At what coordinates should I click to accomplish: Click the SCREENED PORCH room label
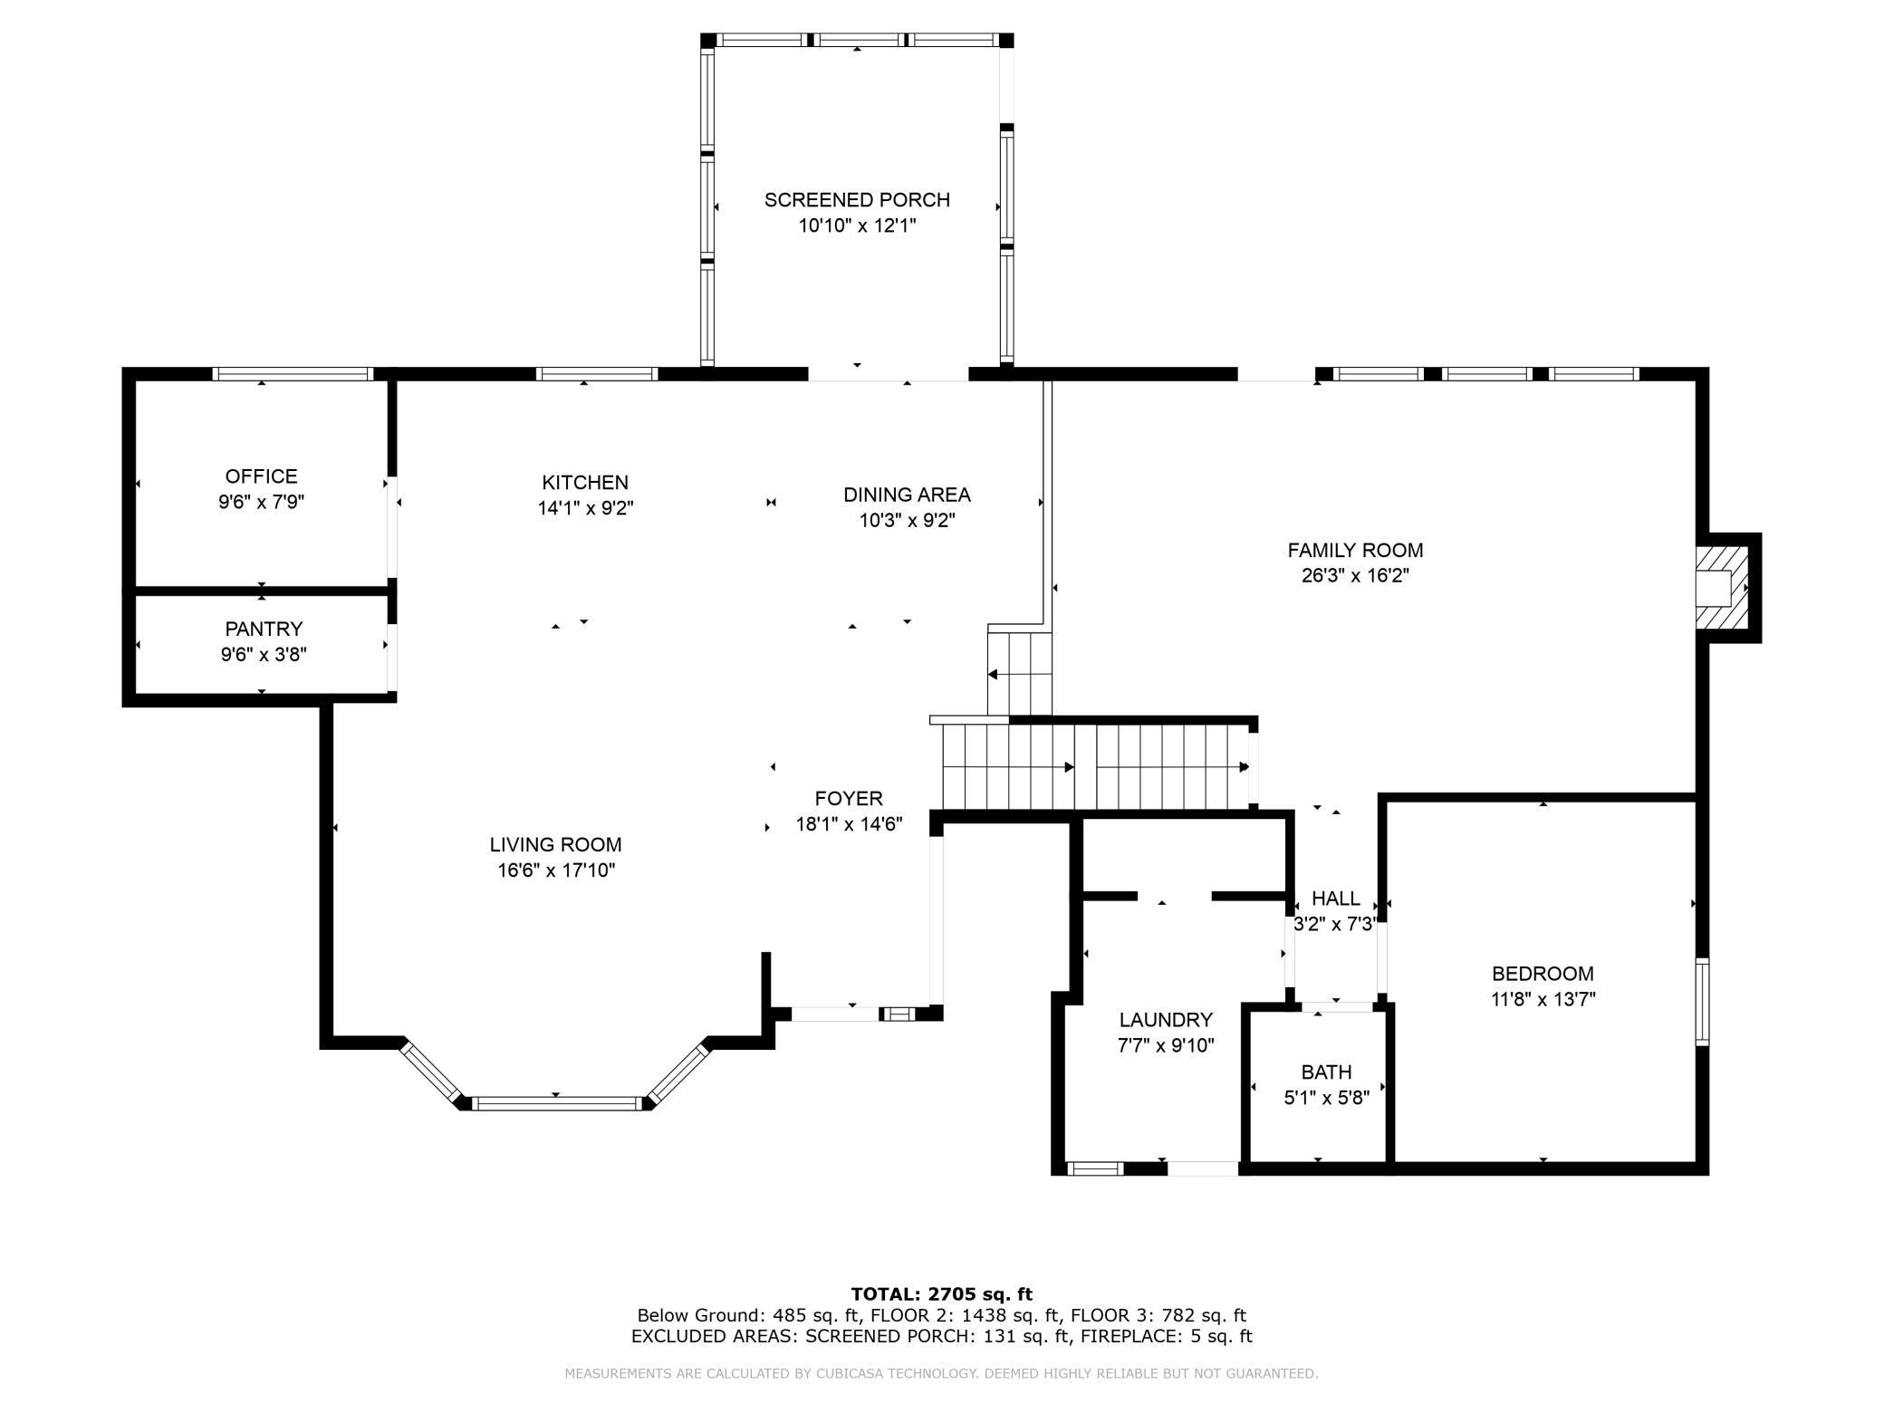click(x=857, y=200)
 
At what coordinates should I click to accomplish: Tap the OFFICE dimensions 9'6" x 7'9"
click(x=261, y=502)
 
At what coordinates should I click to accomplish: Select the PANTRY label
click(x=264, y=629)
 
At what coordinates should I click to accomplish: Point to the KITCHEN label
click(x=585, y=483)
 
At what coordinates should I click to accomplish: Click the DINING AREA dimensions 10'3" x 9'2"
click(x=907, y=521)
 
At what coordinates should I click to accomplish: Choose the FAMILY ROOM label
click(x=1355, y=550)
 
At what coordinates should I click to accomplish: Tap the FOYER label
click(x=849, y=799)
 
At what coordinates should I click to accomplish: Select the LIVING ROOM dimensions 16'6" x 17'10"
click(x=555, y=870)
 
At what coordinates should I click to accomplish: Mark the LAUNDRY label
click(x=1165, y=1020)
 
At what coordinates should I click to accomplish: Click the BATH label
click(x=1326, y=1072)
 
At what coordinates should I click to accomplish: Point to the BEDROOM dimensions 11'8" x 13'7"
click(x=1543, y=1000)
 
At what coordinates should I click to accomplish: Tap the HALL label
click(x=1335, y=899)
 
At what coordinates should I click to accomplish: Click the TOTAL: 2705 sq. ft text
click(x=941, y=1294)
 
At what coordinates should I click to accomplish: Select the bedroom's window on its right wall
click(x=1702, y=1002)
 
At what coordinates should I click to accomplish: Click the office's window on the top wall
click(x=293, y=374)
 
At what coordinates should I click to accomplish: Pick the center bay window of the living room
click(x=556, y=1103)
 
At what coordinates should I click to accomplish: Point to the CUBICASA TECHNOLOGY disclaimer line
click(x=941, y=1374)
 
